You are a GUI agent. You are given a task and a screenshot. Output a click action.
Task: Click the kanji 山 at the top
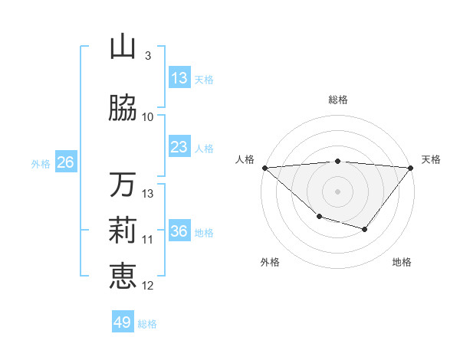[123, 47]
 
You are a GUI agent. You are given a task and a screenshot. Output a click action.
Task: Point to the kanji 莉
[123, 231]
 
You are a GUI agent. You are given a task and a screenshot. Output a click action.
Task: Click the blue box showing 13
[179, 78]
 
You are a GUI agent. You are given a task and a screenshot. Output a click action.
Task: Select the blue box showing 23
[179, 147]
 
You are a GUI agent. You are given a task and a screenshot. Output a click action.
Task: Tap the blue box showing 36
[179, 231]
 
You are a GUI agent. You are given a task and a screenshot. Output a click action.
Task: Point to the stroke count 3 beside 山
[148, 56]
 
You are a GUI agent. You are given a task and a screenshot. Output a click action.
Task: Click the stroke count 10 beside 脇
[148, 116]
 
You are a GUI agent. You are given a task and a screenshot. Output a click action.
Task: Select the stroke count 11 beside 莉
[148, 240]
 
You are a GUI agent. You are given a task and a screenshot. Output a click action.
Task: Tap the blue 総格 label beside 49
[148, 324]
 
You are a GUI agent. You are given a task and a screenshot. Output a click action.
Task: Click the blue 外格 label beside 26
[41, 164]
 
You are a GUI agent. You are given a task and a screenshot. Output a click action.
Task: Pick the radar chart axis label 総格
[337, 100]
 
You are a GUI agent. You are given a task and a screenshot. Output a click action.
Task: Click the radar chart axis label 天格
[431, 159]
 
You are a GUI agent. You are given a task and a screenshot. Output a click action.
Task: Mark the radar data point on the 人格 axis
[264, 168]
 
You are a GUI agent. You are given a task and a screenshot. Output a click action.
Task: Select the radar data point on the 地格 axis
[365, 230]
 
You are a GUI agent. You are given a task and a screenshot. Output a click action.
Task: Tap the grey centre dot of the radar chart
[337, 191]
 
